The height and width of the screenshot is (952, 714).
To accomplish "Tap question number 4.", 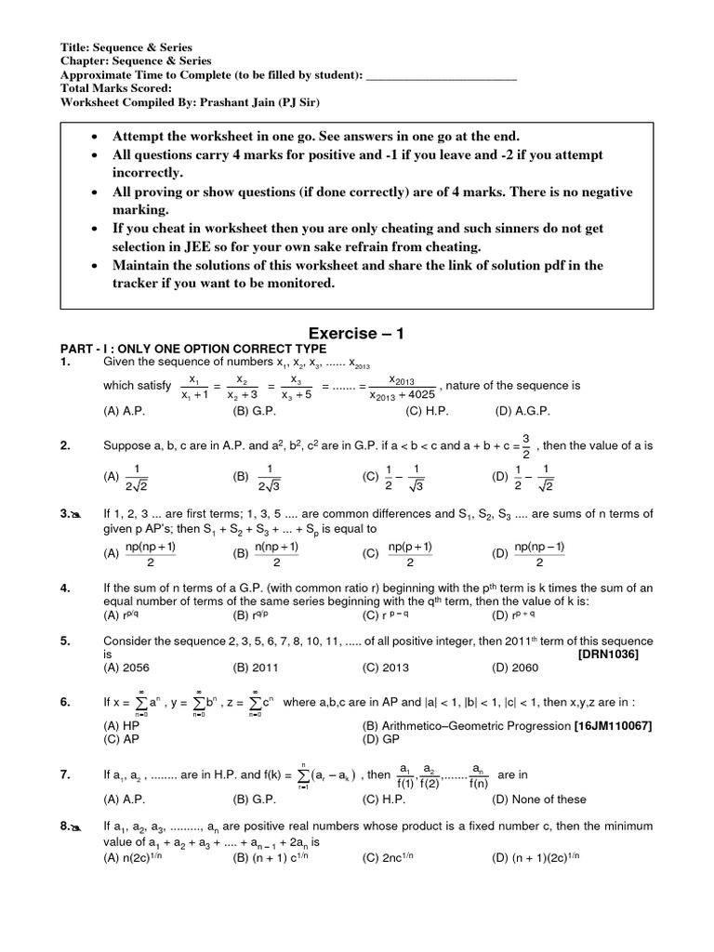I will [x=65, y=588].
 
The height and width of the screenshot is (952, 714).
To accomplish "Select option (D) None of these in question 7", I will [x=540, y=799].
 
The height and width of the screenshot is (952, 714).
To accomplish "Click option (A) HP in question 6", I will [x=120, y=725].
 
